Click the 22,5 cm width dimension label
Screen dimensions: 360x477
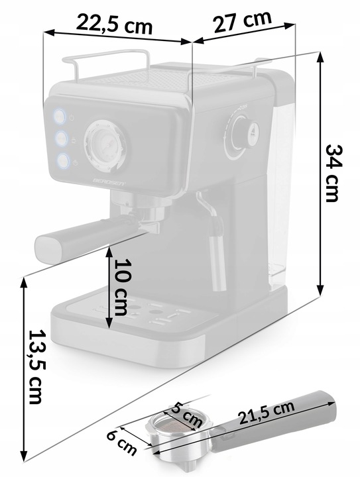114,25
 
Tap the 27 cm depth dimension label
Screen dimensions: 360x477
243,21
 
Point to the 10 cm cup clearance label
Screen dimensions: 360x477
121,287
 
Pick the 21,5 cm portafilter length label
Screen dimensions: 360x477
267,413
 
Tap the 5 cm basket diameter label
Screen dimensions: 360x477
186,415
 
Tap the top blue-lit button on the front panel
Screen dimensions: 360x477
60,116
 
